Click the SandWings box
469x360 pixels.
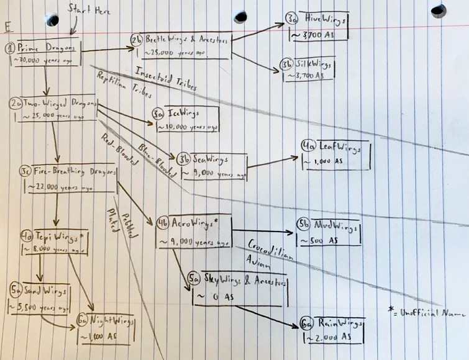click(x=40, y=299)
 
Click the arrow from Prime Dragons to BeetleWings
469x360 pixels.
click(x=106, y=50)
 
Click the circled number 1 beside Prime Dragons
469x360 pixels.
click(x=11, y=48)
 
